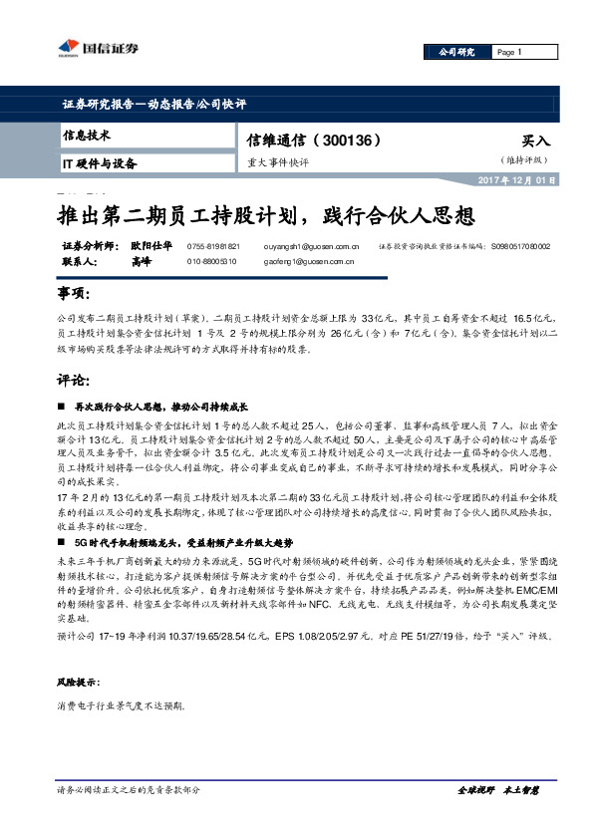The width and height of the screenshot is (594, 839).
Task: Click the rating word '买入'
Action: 535,141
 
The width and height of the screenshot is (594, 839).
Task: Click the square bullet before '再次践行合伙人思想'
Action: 62,407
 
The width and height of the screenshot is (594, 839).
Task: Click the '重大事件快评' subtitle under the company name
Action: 278,161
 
